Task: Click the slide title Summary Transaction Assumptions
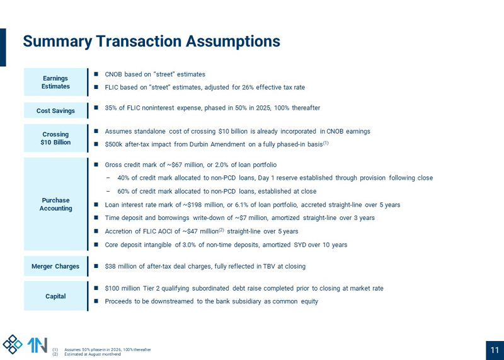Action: point(151,42)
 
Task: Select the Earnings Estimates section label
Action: point(55,82)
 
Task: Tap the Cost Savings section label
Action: point(55,111)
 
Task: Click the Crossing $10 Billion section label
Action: point(55,138)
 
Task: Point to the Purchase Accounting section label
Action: point(55,204)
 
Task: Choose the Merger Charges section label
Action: point(55,267)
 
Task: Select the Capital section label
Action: point(55,296)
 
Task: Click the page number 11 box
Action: point(494,351)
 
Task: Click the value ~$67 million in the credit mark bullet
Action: point(169,165)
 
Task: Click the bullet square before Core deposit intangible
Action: point(96,245)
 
